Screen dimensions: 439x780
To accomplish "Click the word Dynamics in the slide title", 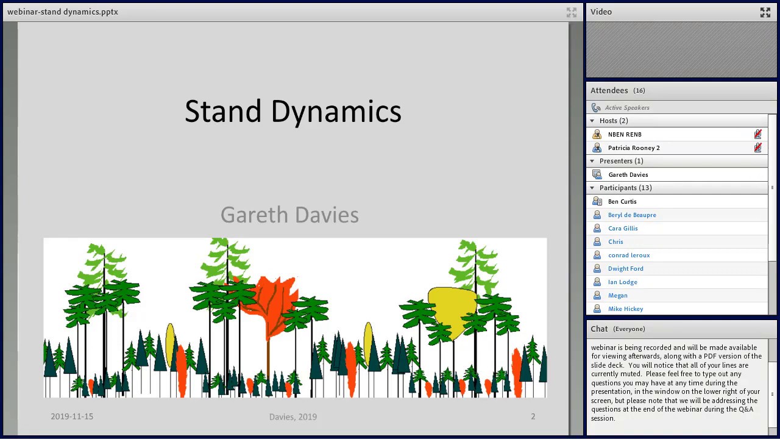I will pyautogui.click(x=336, y=112).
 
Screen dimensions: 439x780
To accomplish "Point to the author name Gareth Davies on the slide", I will pyautogui.click(x=289, y=215).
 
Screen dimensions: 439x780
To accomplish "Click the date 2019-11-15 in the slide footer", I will pyautogui.click(x=72, y=416).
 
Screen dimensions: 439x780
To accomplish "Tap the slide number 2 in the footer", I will pyautogui.click(x=533, y=416).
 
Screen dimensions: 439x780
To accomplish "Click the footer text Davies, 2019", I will pyautogui.click(x=293, y=417).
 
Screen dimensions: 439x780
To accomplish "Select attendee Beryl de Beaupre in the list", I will pyautogui.click(x=632, y=215).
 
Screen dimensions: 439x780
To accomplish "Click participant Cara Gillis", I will pyautogui.click(x=623, y=229).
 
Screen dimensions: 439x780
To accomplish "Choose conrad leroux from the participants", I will pyautogui.click(x=629, y=255).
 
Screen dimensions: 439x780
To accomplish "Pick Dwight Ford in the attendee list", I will pyautogui.click(x=625, y=269).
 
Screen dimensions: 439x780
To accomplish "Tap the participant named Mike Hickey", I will pyautogui.click(x=625, y=309).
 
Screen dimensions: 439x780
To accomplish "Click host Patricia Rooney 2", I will pyautogui.click(x=634, y=148).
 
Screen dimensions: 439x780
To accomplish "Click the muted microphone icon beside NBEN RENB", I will pyautogui.click(x=757, y=135).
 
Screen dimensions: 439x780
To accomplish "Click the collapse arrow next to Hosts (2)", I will pyautogui.click(x=592, y=121).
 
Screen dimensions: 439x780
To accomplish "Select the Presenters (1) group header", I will pyautogui.click(x=621, y=161).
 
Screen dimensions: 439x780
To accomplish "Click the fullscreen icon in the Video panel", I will pyautogui.click(x=765, y=12).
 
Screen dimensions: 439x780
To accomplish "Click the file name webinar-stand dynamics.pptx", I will pyautogui.click(x=63, y=12).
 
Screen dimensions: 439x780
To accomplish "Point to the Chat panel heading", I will pyautogui.click(x=599, y=329).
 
